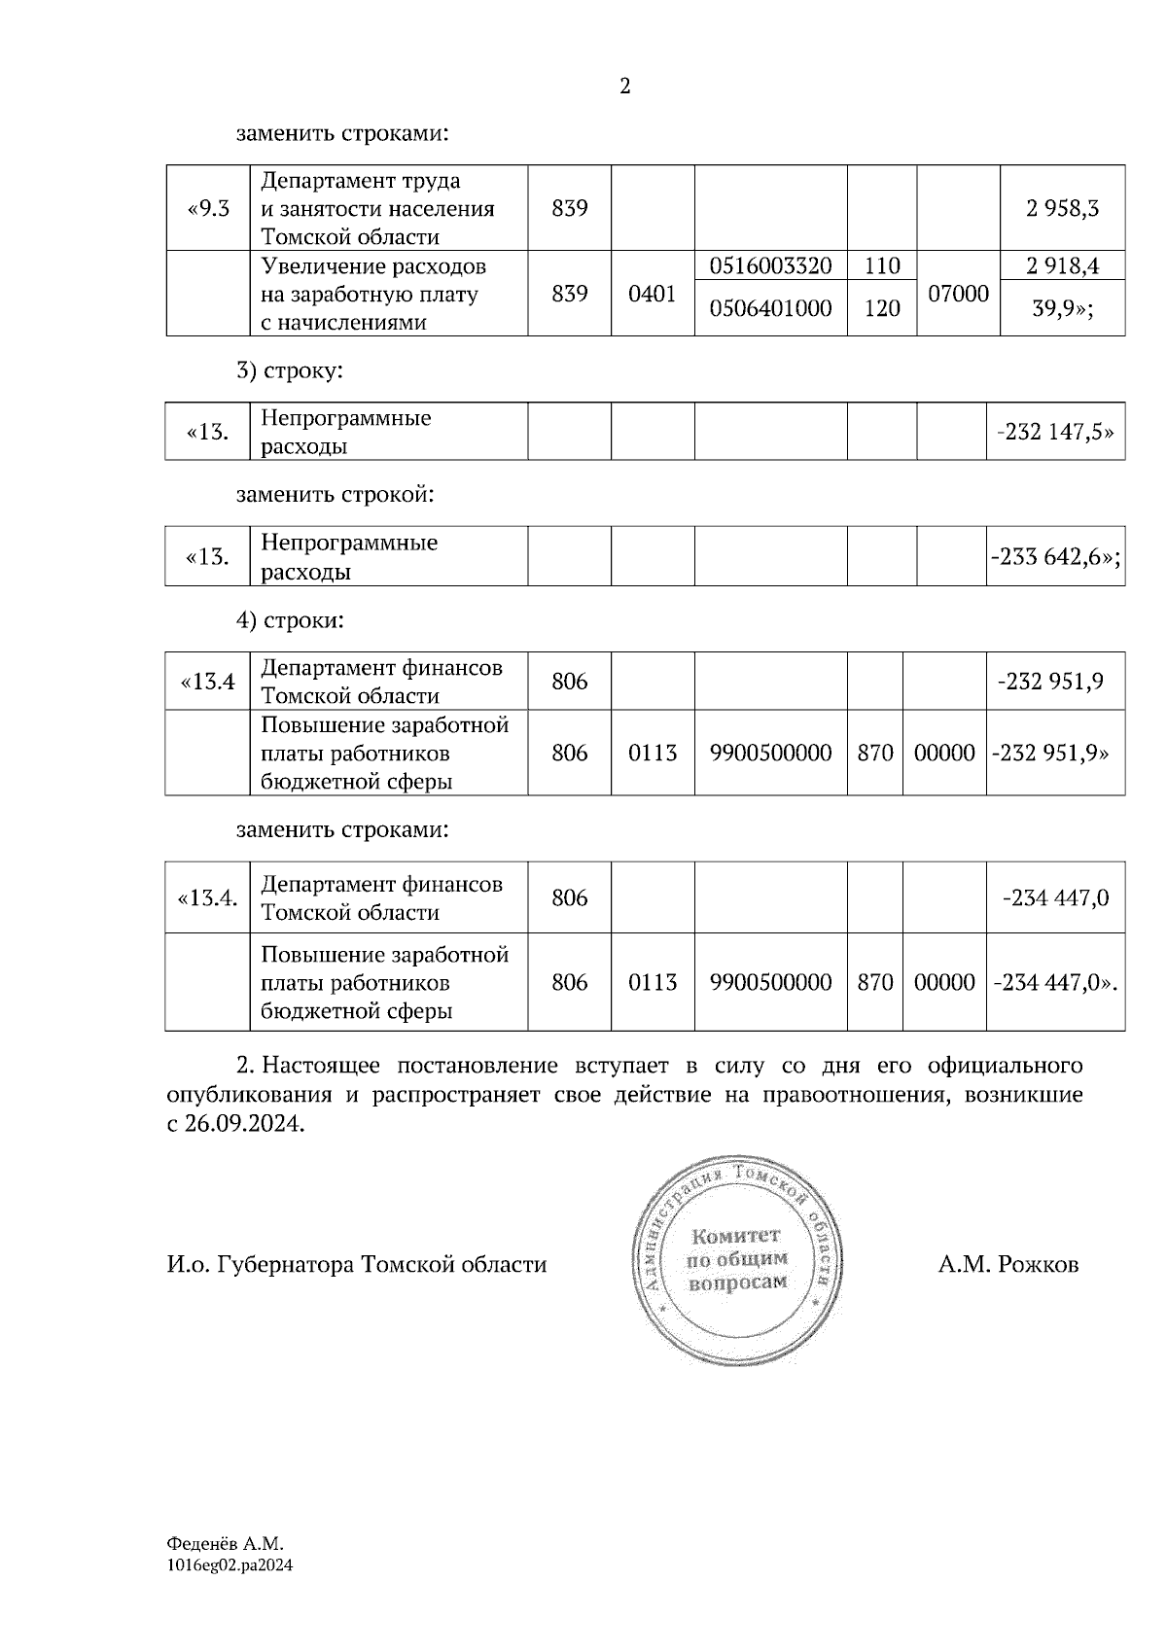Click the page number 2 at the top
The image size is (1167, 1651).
[x=624, y=87]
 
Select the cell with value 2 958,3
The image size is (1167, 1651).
[x=1062, y=208]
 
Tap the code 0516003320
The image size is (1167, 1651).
[x=770, y=265]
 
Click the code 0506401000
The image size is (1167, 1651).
[x=770, y=308]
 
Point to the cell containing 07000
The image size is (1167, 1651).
[x=958, y=294]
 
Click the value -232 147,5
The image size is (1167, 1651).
[x=1055, y=432]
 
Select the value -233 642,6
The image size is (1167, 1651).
[x=1055, y=557]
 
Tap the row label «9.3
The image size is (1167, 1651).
[x=207, y=208]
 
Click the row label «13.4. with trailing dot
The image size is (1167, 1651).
[x=207, y=897]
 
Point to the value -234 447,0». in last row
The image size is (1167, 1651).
[x=1055, y=982]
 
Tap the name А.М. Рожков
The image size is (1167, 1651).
[x=1008, y=1265]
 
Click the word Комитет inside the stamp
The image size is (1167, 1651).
[x=736, y=1236]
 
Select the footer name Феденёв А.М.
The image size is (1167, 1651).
[x=225, y=1543]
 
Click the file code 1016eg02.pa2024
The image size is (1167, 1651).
[x=230, y=1565]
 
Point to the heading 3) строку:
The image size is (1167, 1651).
[x=290, y=370]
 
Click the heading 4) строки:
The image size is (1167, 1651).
[x=290, y=619]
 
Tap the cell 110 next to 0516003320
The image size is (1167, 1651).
[x=881, y=265]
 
